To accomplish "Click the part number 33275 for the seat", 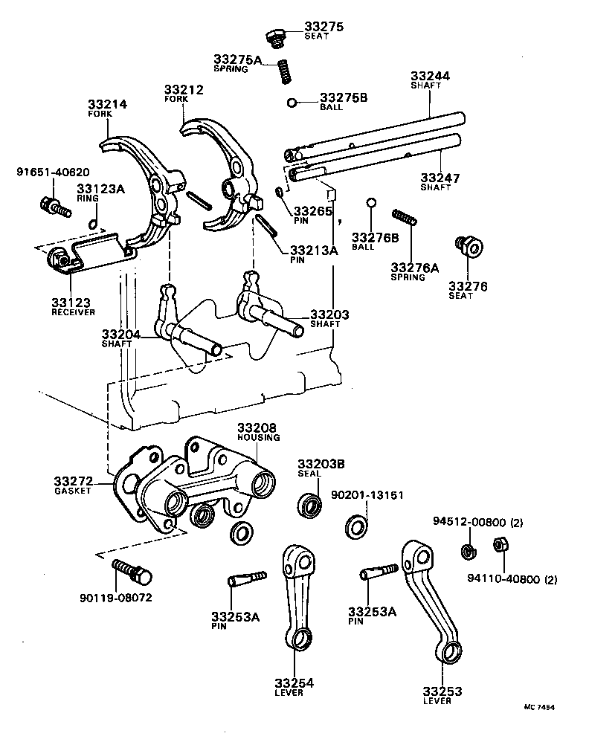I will (324, 27).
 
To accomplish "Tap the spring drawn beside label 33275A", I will (283, 72).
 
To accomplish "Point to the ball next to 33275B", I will (293, 103).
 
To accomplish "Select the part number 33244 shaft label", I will (430, 76).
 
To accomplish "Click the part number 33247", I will (440, 178).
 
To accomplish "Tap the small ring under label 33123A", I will (91, 224).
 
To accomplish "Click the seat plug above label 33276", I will (469, 245).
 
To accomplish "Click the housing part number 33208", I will (257, 428).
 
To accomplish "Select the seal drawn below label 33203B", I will (310, 505).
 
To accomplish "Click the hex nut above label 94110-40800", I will (500, 546).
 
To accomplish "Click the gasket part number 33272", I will (74, 482).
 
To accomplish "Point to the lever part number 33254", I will (294, 682).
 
